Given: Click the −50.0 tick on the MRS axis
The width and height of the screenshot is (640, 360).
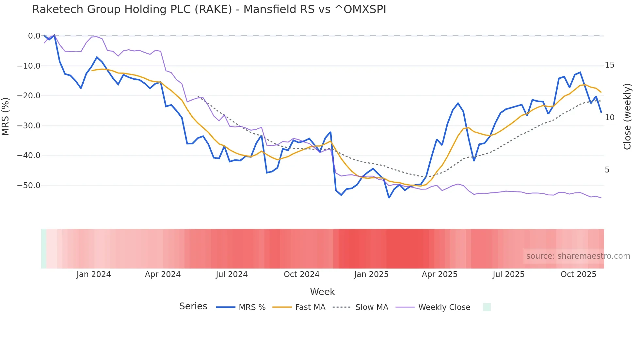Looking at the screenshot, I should click(x=29, y=186).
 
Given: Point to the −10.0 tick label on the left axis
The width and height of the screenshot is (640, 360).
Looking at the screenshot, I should click(x=29, y=66).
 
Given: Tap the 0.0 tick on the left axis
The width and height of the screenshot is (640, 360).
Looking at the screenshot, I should click(x=34, y=36).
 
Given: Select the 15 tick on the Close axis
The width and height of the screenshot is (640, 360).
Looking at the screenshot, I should click(x=609, y=65).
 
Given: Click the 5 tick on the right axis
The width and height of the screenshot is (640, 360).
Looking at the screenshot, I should click(x=607, y=170).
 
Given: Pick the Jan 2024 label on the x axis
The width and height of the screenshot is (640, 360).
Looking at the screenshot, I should click(x=94, y=274).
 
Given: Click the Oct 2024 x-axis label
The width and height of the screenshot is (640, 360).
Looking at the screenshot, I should click(x=301, y=274).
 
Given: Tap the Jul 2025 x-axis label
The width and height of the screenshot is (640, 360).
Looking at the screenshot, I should click(x=508, y=274).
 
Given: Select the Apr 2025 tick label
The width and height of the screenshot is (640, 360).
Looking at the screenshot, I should click(x=440, y=274).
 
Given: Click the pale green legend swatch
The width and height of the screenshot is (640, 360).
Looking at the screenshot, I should click(x=487, y=307).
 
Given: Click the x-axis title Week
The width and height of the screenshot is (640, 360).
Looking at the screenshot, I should click(x=322, y=292).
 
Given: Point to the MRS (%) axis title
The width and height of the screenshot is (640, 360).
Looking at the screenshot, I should click(x=5, y=117).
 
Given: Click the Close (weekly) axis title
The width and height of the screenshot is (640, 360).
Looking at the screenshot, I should click(x=627, y=117).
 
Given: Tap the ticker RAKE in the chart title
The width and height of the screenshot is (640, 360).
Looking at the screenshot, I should click(x=213, y=9).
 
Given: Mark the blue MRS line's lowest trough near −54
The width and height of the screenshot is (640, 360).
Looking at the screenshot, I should click(x=389, y=198).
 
